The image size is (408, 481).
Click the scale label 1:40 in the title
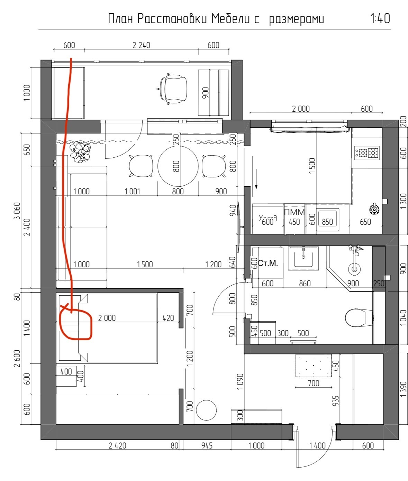380,18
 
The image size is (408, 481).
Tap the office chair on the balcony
173,89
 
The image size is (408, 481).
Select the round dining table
178,166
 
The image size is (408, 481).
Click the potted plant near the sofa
80,151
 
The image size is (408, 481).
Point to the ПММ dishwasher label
294,212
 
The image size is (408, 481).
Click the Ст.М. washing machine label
268,263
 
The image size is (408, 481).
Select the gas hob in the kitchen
367,152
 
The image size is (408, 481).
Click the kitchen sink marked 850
327,220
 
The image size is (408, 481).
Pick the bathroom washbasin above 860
303,259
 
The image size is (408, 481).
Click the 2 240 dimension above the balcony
141,45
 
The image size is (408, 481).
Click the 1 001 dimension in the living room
132,192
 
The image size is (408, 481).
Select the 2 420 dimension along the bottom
117,446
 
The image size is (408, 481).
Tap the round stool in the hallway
206,410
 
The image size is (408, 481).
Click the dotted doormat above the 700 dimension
314,366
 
